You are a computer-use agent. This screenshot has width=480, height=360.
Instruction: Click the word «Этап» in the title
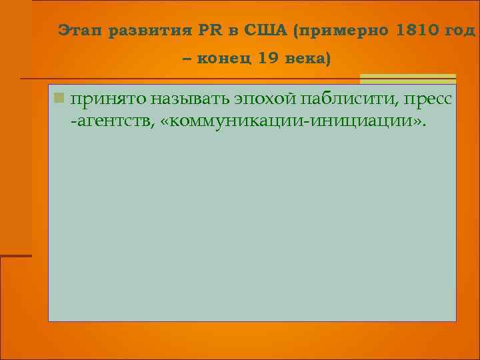[79, 31]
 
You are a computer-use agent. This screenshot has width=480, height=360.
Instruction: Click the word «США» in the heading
[265, 31]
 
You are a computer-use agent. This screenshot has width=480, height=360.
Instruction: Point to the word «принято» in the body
[109, 100]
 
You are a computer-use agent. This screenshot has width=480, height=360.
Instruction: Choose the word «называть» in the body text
[190, 100]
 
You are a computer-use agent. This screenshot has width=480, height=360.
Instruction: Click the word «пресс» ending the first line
[429, 100]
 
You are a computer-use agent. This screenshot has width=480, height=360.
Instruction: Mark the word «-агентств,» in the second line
[113, 122]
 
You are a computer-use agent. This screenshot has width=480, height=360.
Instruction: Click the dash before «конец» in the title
[186, 59]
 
